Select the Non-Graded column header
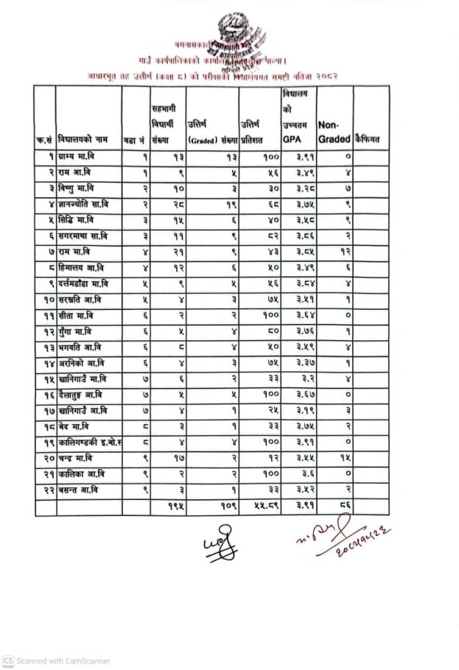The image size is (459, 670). (334, 132)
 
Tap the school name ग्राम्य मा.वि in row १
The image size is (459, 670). (81, 156)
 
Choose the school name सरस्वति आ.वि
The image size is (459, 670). (83, 300)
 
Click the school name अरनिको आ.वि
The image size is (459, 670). (82, 363)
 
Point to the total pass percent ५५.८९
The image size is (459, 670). (259, 507)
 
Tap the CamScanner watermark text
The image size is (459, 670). (57, 660)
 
